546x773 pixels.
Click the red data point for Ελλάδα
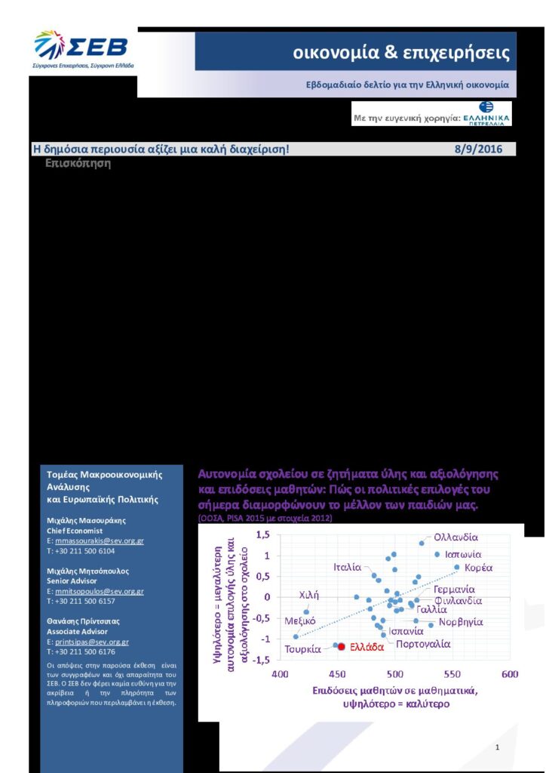coord(341,647)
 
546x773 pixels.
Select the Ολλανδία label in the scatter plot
coord(456,537)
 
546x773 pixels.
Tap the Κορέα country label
coord(478,567)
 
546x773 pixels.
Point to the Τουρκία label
coord(303,649)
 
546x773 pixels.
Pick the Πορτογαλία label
coord(423,644)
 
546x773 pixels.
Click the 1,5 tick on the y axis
coord(262,535)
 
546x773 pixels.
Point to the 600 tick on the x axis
coord(510,673)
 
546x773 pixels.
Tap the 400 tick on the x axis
coord(280,673)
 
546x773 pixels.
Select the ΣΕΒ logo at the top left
coord(81,49)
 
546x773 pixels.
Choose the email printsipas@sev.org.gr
coord(92,642)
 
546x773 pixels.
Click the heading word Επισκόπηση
coord(78,163)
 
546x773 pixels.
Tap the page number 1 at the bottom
coord(498,747)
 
